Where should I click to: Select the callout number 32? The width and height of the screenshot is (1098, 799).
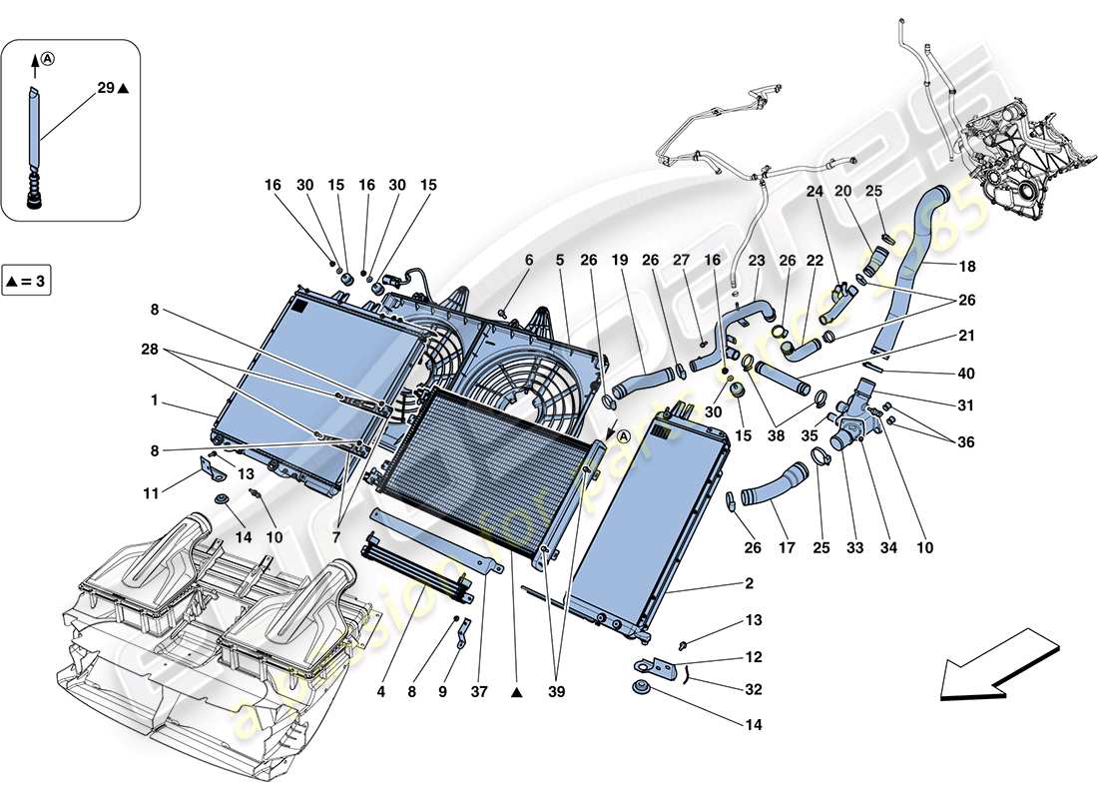[753, 689]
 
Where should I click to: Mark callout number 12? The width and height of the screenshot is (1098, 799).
[753, 657]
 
